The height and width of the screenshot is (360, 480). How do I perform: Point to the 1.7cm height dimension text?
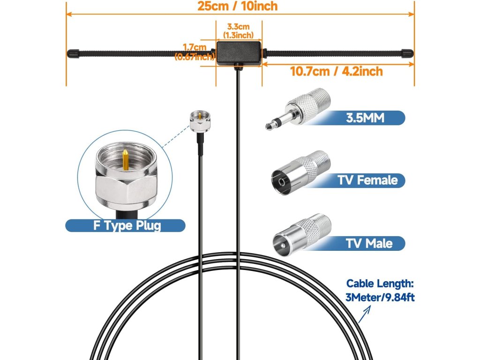(x=195, y=47)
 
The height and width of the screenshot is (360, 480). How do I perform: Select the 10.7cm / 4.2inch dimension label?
(x=336, y=71)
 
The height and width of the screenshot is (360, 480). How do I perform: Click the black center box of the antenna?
(x=239, y=52)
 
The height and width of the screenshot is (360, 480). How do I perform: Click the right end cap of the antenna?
(x=406, y=52)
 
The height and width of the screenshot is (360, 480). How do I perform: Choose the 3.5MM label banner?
(x=365, y=117)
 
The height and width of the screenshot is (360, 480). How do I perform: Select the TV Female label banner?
(x=367, y=180)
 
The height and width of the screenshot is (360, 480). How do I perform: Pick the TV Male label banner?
(x=369, y=243)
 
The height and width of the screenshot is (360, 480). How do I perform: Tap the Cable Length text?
(x=380, y=284)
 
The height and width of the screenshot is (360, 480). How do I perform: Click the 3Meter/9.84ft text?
(x=380, y=297)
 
